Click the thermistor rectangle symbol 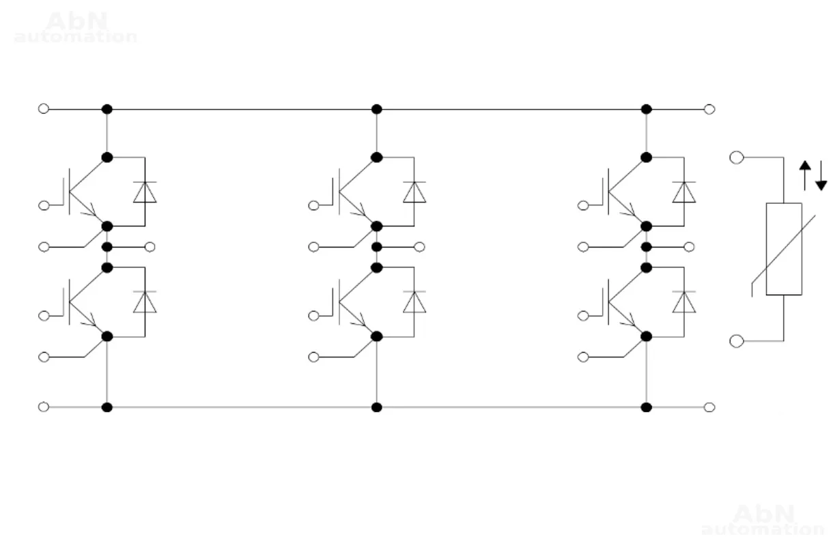point(783,249)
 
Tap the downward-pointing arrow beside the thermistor point(821,175)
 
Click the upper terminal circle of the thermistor point(736,158)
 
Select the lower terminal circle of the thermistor point(736,340)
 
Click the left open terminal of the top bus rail point(44,108)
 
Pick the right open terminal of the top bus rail point(709,109)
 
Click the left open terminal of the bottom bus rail point(44,407)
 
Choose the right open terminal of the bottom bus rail point(709,407)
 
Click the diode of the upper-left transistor point(145,192)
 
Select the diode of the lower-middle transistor point(414,301)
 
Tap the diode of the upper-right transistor point(684,192)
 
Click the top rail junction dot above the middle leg point(376,109)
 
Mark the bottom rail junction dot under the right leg point(647,407)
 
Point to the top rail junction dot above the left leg point(107,109)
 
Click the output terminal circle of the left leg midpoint point(150,246)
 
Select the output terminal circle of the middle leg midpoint point(420,246)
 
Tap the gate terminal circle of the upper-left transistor point(44,205)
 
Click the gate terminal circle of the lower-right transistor point(583,315)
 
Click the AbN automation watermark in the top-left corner point(76,28)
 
